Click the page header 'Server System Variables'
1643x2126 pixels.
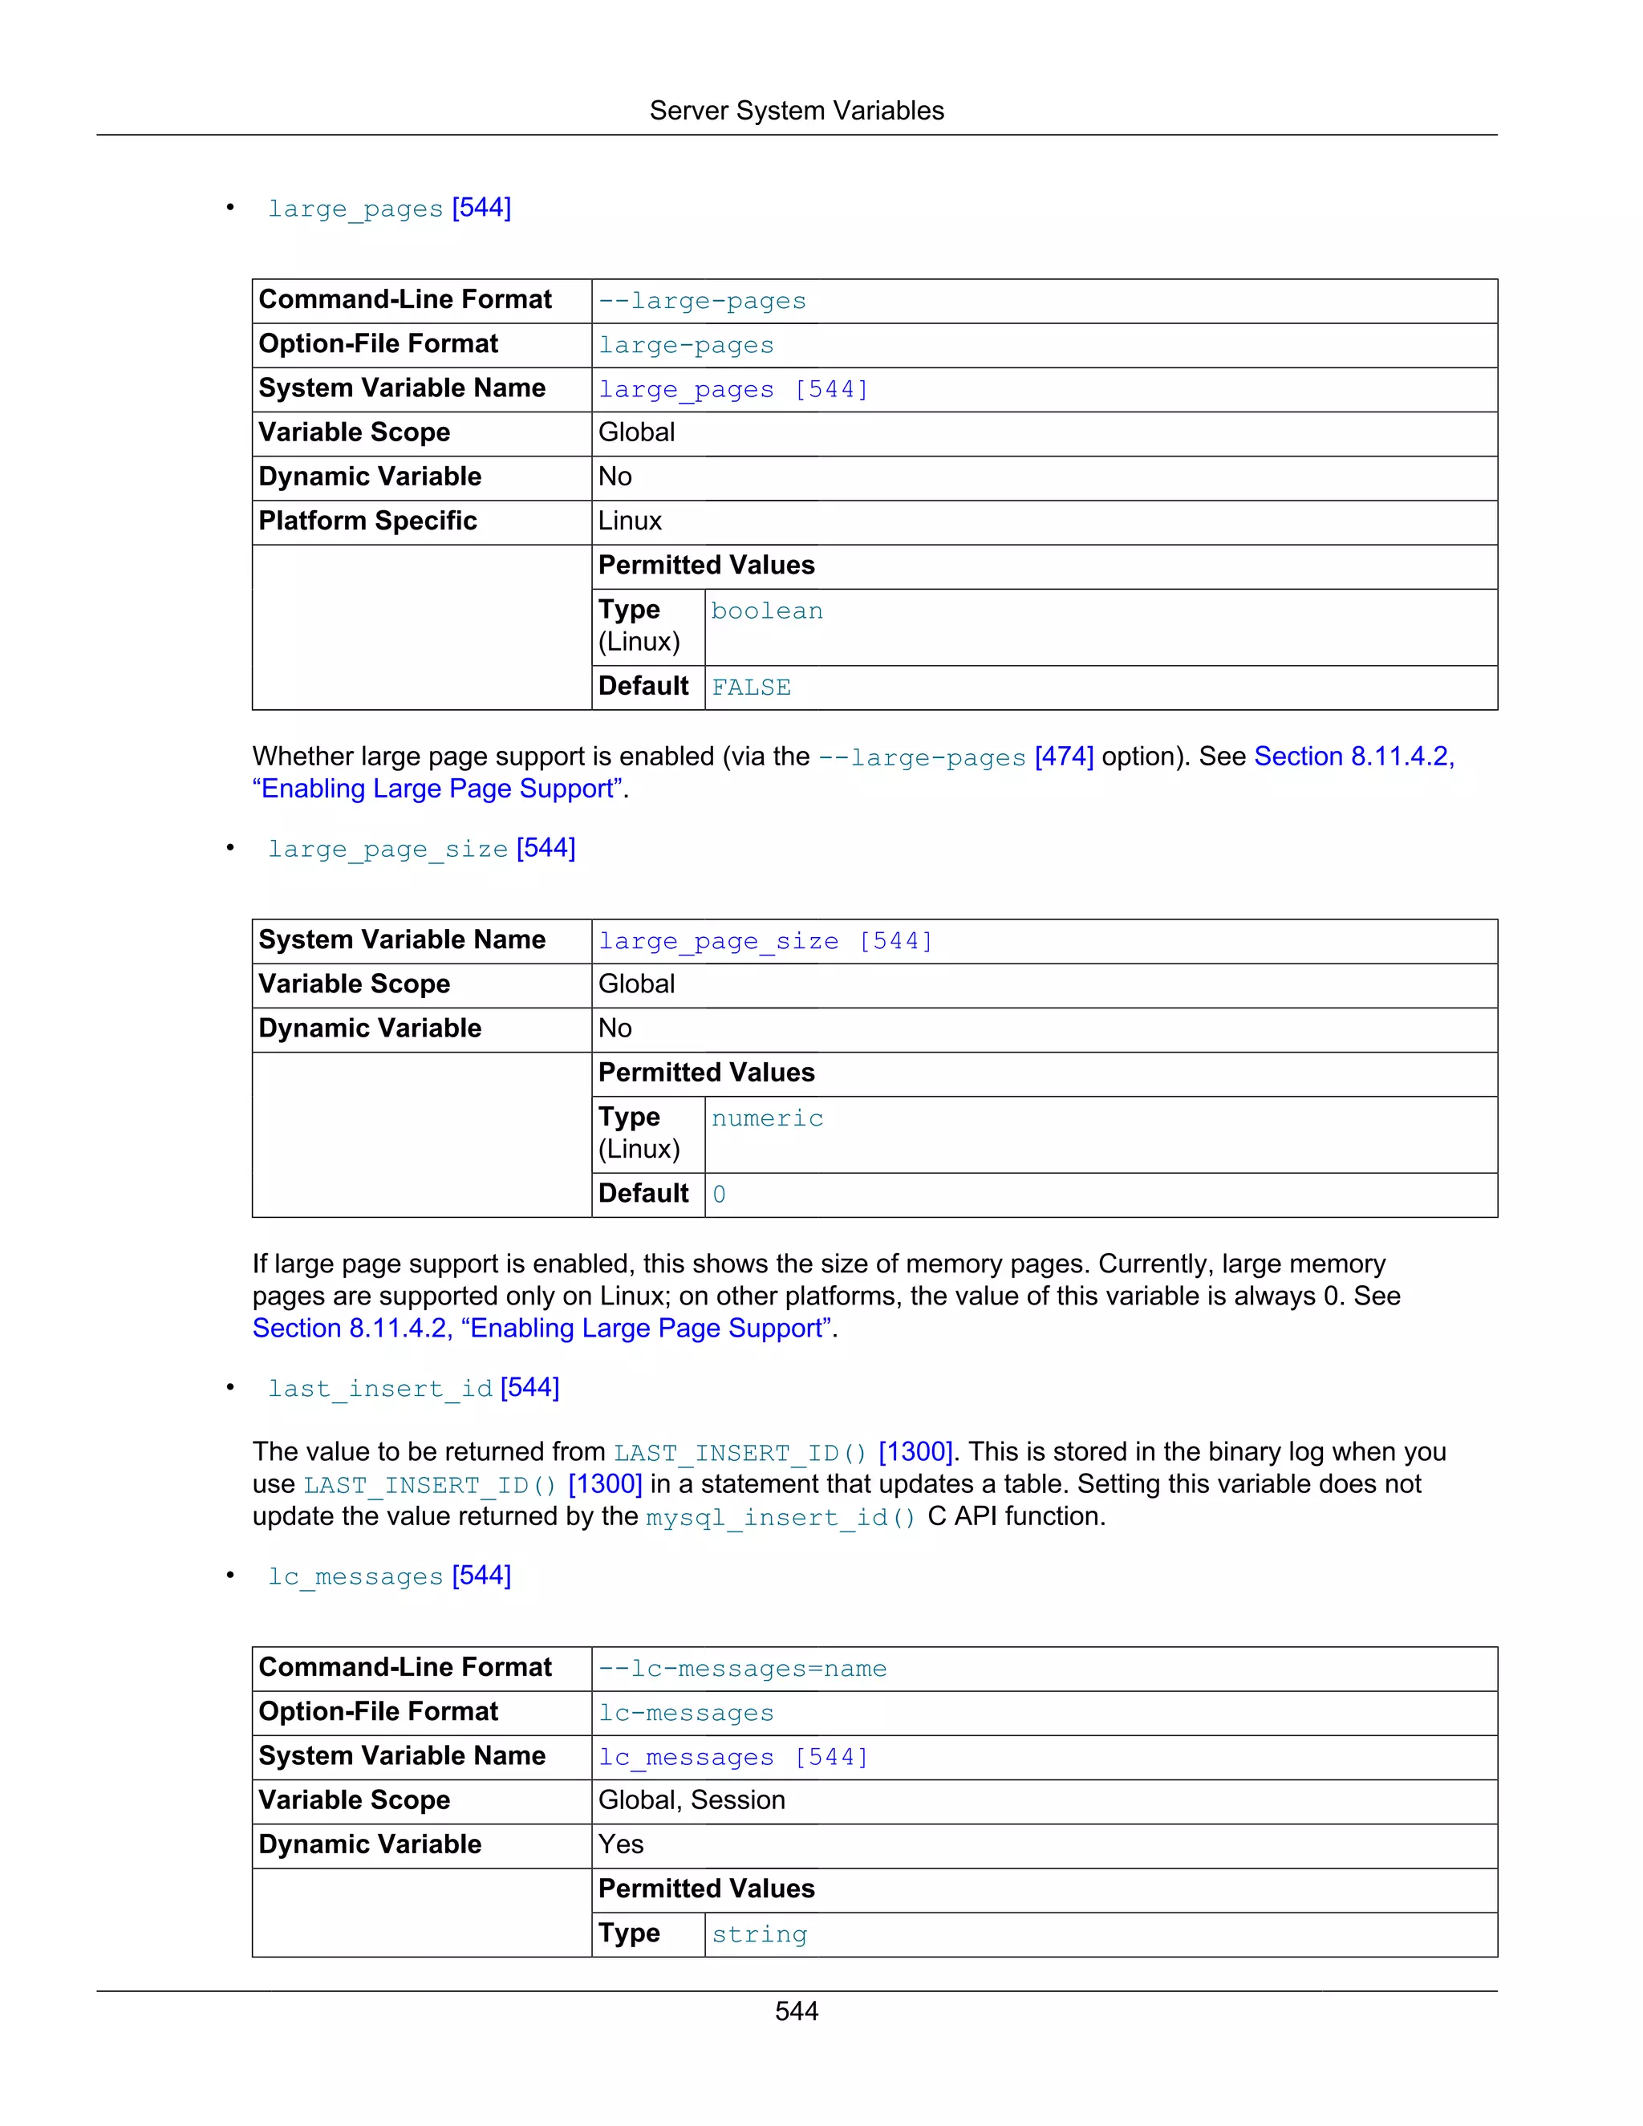pyautogui.click(x=796, y=111)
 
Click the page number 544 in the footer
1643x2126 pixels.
pyautogui.click(x=796, y=2011)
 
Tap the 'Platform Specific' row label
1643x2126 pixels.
pyautogui.click(x=368, y=521)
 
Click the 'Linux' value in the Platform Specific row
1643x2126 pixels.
pyautogui.click(x=630, y=521)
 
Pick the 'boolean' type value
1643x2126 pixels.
pyautogui.click(x=767, y=611)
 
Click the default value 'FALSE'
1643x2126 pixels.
pyautogui.click(x=750, y=688)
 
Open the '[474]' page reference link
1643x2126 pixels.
pyautogui.click(x=1064, y=757)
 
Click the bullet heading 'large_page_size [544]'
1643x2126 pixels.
pyautogui.click(x=421, y=848)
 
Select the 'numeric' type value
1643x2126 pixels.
pyautogui.click(x=767, y=1118)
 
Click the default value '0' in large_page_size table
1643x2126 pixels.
pyautogui.click(x=720, y=1195)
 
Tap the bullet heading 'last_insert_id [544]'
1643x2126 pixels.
pyautogui.click(x=414, y=1387)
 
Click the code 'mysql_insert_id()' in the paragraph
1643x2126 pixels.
pyautogui.click(x=781, y=1516)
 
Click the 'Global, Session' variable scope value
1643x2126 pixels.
pyautogui.click(x=691, y=1800)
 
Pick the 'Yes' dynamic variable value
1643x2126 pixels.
pyautogui.click(x=621, y=1844)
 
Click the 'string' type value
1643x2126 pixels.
pyautogui.click(x=759, y=1933)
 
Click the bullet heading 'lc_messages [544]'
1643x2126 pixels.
pyautogui.click(x=389, y=1575)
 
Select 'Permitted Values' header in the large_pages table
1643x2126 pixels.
pyautogui.click(x=707, y=566)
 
